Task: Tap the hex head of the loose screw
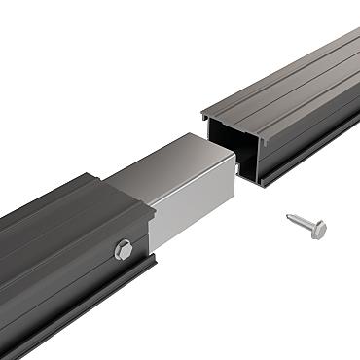pyautogui.click(x=317, y=230)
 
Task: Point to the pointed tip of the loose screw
pyautogui.click(x=289, y=215)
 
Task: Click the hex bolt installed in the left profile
pyautogui.click(x=124, y=251)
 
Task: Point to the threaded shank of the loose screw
pyautogui.click(x=300, y=221)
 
